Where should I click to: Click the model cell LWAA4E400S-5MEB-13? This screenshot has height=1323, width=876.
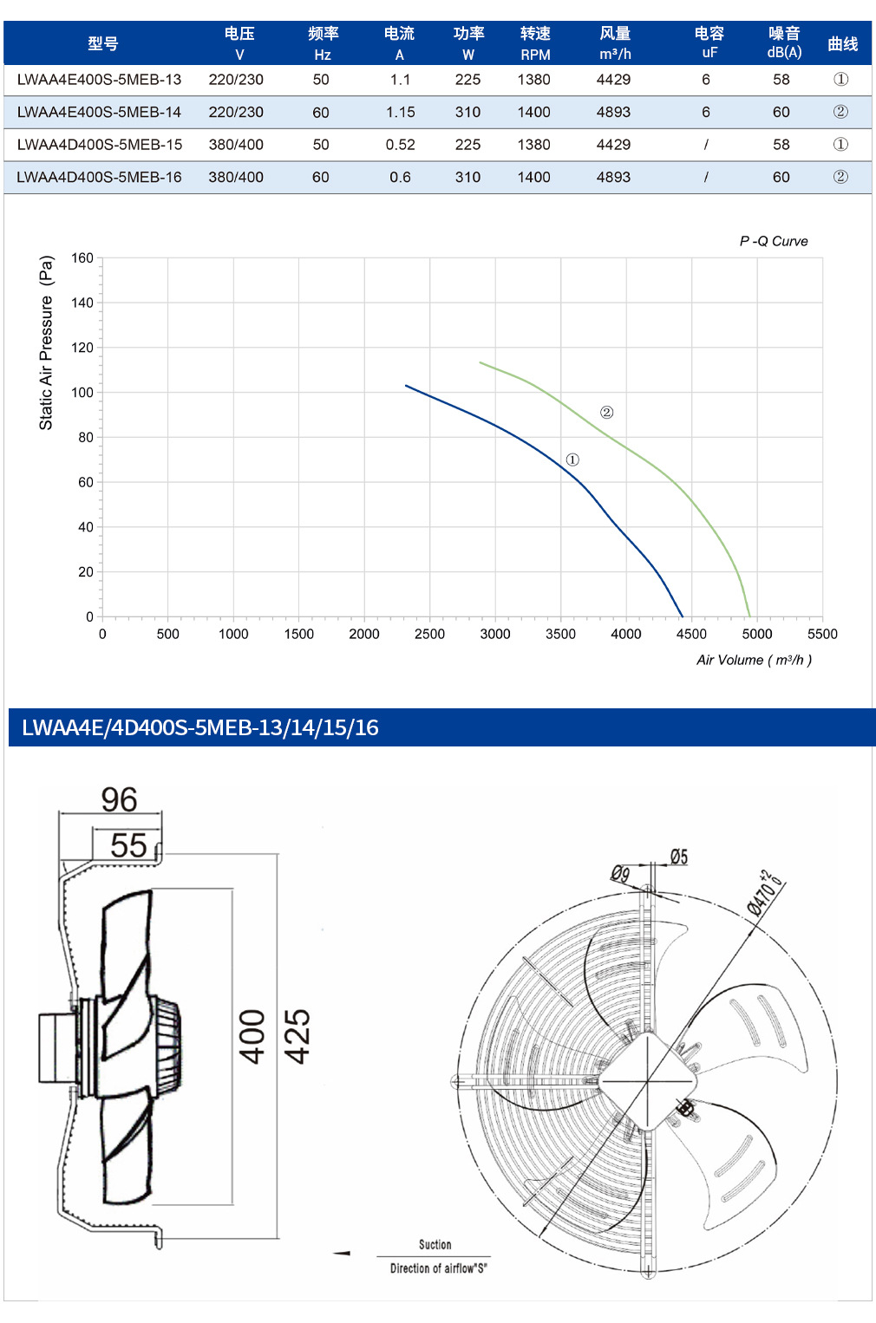(x=99, y=80)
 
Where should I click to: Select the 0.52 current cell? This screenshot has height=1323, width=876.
(x=400, y=145)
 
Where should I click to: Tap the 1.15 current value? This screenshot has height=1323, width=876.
(x=400, y=112)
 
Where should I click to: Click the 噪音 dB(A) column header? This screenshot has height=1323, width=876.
(x=784, y=42)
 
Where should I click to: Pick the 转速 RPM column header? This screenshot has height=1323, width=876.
(x=535, y=43)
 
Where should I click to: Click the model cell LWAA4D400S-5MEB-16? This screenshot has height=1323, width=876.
(x=99, y=177)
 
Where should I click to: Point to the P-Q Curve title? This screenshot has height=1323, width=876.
(x=773, y=241)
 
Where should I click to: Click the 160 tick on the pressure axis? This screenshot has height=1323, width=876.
(x=82, y=258)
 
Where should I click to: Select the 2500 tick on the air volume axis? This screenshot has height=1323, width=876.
(x=429, y=635)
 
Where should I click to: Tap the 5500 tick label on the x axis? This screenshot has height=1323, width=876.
(x=822, y=635)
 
